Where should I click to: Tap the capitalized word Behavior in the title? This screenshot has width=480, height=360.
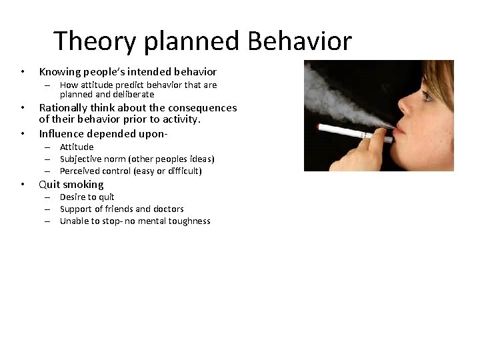pyautogui.click(x=299, y=41)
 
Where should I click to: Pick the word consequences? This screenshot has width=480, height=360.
pyautogui.click(x=203, y=108)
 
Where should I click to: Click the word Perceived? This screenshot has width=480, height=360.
pyautogui.click(x=80, y=171)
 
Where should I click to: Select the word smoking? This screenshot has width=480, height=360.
pyautogui.click(x=83, y=185)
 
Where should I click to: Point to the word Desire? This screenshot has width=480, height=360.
pyautogui.click(x=73, y=197)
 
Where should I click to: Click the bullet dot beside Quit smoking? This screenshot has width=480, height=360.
pyautogui.click(x=23, y=185)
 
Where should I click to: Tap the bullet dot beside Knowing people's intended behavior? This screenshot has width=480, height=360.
pyautogui.click(x=23, y=71)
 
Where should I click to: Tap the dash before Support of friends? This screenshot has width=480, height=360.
pyautogui.click(x=49, y=209)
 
